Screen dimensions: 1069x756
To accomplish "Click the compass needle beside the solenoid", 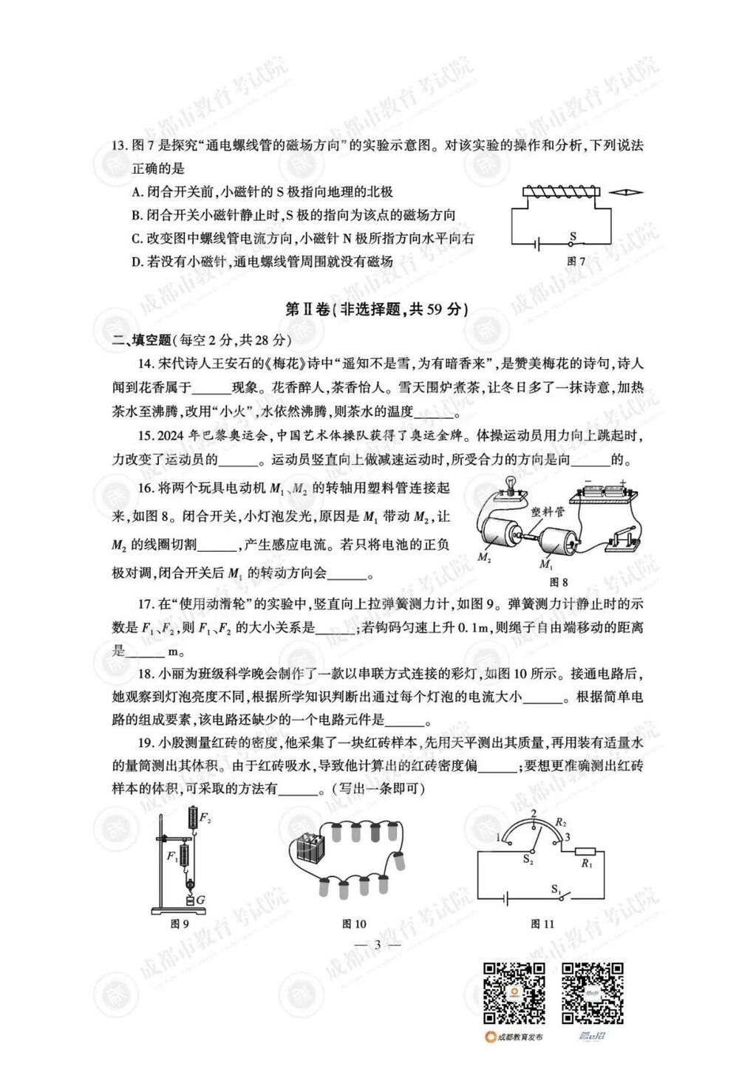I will pyautogui.click(x=628, y=193).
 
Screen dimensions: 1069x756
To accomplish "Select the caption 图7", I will pyautogui.click(x=576, y=262).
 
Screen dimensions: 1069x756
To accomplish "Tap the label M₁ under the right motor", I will pyautogui.click(x=545, y=564).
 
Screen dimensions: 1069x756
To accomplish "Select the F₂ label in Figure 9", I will pyautogui.click(x=205, y=819).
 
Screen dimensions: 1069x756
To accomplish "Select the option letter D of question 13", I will pyautogui.click(x=136, y=261).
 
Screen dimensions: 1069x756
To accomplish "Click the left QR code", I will pyautogui.click(x=514, y=992).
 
